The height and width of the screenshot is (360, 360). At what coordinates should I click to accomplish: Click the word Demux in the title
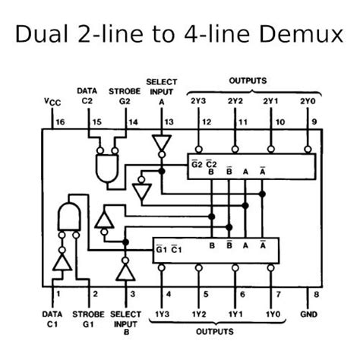click(x=301, y=33)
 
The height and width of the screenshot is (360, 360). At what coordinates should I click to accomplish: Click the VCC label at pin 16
click(x=52, y=102)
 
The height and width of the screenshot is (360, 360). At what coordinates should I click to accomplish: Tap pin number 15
click(x=96, y=122)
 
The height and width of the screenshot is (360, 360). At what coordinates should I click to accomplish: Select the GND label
click(x=308, y=314)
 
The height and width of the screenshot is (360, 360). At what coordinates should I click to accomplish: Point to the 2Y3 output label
click(x=198, y=101)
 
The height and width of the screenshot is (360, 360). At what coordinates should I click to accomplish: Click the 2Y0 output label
click(x=308, y=101)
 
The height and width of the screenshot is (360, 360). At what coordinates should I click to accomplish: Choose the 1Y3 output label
click(x=162, y=314)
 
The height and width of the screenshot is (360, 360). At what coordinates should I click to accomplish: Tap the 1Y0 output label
click(x=273, y=314)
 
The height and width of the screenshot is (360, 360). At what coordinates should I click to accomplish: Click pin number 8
click(x=316, y=295)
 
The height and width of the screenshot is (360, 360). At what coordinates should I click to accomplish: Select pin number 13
click(x=169, y=122)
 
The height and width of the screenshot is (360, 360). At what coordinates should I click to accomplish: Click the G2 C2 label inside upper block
click(x=204, y=164)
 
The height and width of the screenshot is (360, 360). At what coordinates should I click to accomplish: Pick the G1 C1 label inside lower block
click(x=169, y=249)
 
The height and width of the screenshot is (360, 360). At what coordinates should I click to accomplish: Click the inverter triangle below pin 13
click(x=162, y=143)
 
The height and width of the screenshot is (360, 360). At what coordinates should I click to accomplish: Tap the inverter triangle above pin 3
click(x=125, y=272)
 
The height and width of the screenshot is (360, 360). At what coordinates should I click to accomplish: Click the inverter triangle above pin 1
click(x=62, y=262)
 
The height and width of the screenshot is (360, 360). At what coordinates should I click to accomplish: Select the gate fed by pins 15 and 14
click(x=107, y=168)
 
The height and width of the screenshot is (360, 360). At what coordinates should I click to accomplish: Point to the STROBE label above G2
click(x=125, y=91)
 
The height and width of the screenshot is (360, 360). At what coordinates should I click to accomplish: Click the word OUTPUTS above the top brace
click(x=248, y=81)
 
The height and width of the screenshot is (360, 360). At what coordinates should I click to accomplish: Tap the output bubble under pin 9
click(x=308, y=150)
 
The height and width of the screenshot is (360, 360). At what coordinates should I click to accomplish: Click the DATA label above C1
click(x=52, y=314)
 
